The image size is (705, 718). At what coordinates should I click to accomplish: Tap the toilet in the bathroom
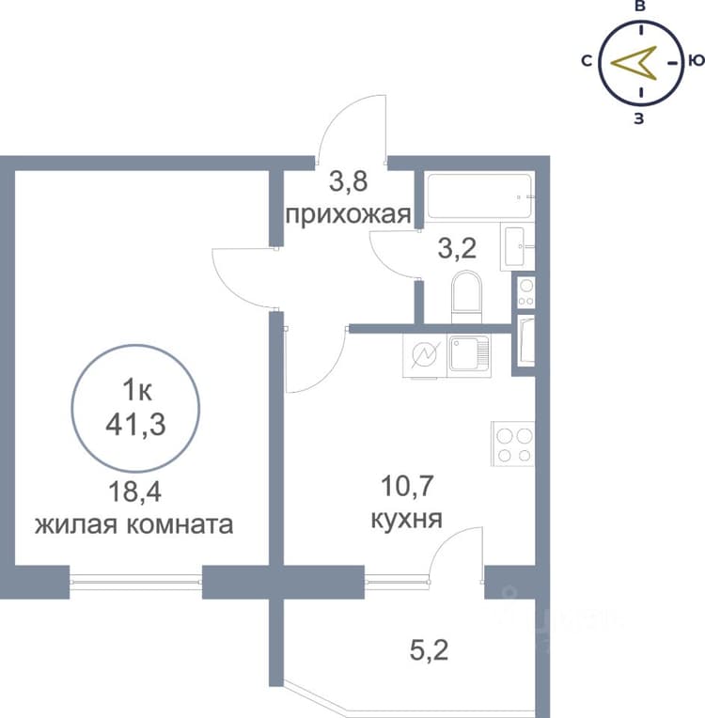point(466,298)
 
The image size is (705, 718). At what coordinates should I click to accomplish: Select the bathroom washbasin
point(517,246)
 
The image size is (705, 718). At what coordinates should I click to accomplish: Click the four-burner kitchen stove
point(513,444)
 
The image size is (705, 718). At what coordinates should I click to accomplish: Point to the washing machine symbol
point(425,355)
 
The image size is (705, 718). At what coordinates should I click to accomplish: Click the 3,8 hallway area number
point(349,181)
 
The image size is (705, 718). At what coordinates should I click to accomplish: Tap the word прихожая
point(348,214)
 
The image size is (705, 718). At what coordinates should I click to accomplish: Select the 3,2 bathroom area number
point(457,249)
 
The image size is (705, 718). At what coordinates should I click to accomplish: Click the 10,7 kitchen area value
point(407,486)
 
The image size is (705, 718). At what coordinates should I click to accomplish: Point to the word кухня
point(406,520)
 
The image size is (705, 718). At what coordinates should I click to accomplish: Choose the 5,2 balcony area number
point(429,650)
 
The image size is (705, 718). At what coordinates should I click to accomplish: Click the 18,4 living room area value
point(135,492)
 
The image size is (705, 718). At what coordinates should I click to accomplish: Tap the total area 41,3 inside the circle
point(135,425)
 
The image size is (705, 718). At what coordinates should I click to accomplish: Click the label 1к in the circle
point(137,391)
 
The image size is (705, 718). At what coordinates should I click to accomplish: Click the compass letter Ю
point(696,60)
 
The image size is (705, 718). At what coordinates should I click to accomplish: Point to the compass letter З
point(639,118)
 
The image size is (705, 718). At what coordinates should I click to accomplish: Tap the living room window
point(135,582)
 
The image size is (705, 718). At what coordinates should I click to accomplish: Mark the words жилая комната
point(134,524)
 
